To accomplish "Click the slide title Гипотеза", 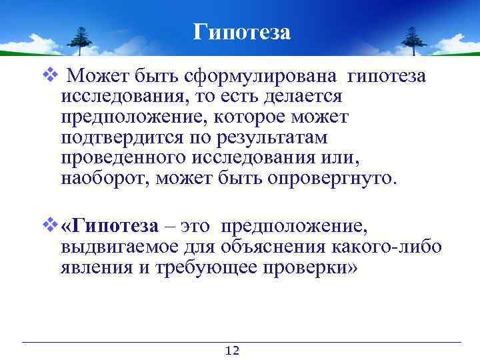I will pos(242,31).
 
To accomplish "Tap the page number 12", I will pos(233,351).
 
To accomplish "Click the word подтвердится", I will pos(121,137).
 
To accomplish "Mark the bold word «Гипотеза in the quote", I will pos(109,227).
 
